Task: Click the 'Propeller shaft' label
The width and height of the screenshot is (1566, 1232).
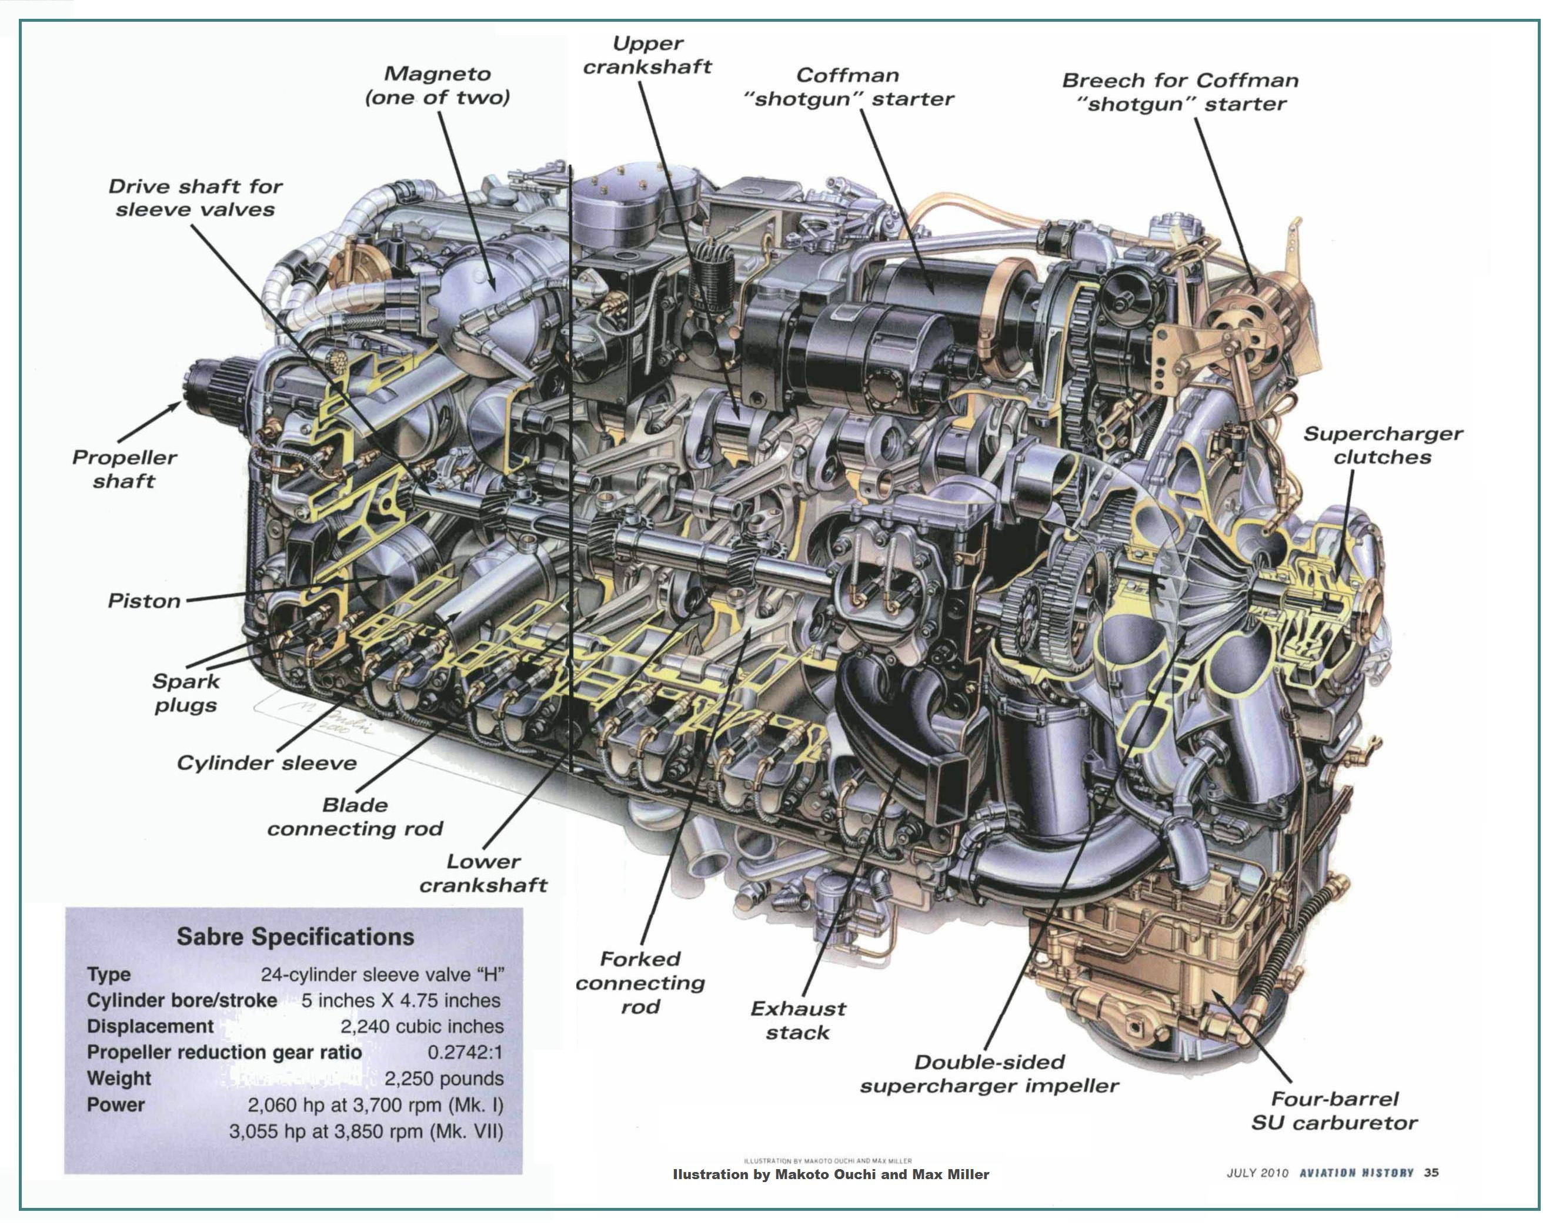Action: click(124, 470)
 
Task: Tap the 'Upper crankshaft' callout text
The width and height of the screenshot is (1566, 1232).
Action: click(647, 55)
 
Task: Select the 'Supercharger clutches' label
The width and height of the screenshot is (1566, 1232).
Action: click(1382, 446)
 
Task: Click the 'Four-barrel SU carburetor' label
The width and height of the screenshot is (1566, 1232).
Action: click(1334, 1111)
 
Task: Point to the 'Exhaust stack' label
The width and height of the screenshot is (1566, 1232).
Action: click(797, 1020)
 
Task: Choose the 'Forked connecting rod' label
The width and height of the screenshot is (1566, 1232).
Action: click(640, 982)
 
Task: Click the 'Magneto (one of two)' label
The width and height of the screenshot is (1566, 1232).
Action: click(438, 85)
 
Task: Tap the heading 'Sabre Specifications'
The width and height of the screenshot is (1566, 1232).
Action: click(295, 937)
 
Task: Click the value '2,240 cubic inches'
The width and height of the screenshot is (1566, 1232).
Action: click(422, 1026)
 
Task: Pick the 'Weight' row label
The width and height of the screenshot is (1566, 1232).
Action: click(119, 1079)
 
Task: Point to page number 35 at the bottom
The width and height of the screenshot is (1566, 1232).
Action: click(1431, 1173)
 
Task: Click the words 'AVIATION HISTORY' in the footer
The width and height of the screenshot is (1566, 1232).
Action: click(1355, 1173)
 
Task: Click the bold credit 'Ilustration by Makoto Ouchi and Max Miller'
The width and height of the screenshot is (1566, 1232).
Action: click(830, 1175)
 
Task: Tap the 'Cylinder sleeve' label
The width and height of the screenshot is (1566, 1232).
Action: click(266, 763)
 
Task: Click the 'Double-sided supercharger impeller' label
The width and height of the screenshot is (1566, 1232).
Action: click(989, 1074)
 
